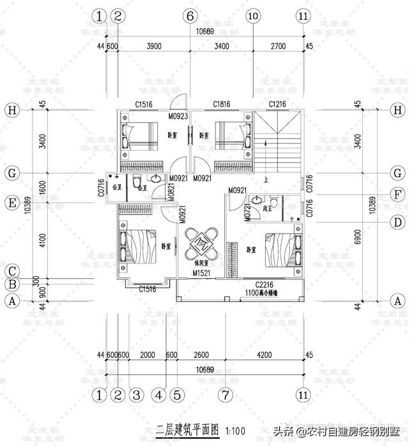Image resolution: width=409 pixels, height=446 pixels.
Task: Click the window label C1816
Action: [x=222, y=104]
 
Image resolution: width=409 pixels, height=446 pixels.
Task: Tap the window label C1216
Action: [x=277, y=104]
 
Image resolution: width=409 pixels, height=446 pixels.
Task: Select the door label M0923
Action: [x=178, y=117]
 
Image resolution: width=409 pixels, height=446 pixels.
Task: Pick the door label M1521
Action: [x=203, y=273]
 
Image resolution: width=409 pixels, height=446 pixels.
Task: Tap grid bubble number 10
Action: [x=252, y=15]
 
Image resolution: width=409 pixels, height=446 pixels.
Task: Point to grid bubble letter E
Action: [x=11, y=204]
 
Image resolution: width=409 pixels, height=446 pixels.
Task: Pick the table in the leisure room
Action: [x=203, y=242]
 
